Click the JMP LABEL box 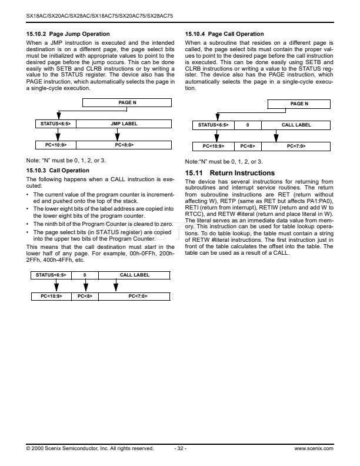tap(124, 124)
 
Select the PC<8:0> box tap(124, 144)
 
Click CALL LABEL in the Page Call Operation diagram tap(296, 125)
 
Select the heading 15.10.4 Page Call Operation tap(224, 34)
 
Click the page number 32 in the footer tap(181, 448)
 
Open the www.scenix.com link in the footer tap(314, 448)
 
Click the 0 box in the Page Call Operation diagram tap(248, 125)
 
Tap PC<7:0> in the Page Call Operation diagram tap(296, 145)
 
